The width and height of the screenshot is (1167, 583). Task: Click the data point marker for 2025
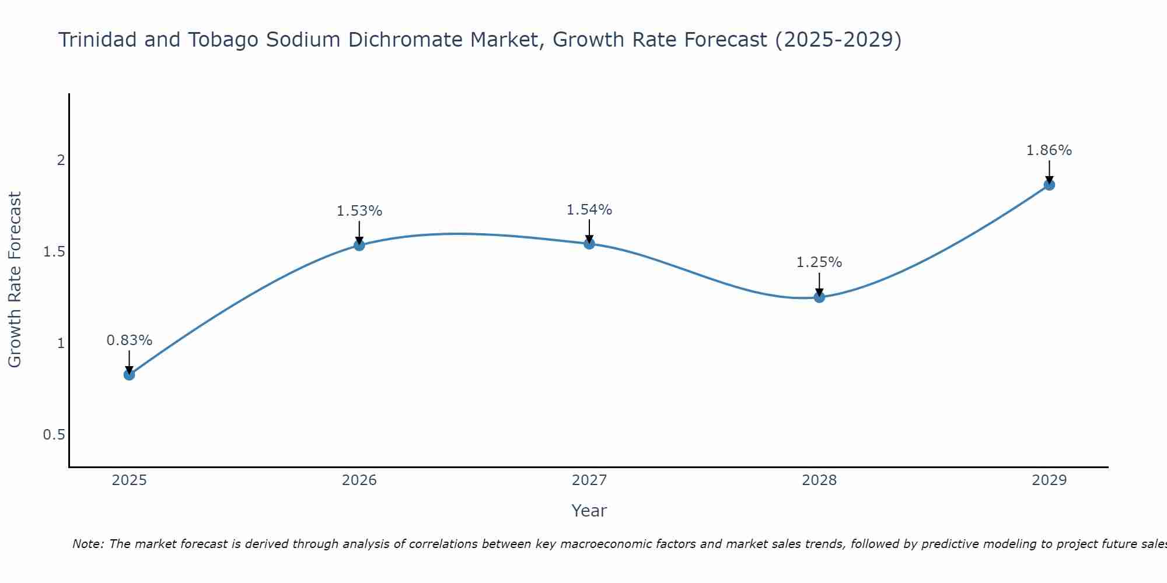tap(130, 374)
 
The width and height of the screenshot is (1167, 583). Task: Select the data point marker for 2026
tap(359, 245)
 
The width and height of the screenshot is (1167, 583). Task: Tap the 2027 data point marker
tap(589, 243)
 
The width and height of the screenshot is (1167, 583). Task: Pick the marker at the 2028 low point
tap(819, 297)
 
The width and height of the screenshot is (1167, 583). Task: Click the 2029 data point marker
tap(1049, 185)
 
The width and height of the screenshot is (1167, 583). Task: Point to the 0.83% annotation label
tap(130, 340)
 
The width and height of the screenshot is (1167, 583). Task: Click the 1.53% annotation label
tap(359, 211)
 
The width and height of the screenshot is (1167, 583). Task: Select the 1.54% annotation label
tap(589, 210)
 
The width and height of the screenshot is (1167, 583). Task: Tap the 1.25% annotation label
tap(819, 262)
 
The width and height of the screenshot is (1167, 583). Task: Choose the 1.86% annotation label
tap(1049, 150)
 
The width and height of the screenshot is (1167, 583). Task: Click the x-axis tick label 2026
tap(359, 480)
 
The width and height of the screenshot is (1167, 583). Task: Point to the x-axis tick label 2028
tap(819, 480)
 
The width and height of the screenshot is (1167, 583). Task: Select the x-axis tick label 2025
tap(130, 480)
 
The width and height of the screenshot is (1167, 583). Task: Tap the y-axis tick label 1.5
tap(54, 252)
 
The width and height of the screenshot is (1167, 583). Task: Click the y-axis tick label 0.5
tap(54, 435)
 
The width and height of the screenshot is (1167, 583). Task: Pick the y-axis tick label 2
tap(61, 160)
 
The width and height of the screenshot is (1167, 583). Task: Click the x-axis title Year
tap(589, 511)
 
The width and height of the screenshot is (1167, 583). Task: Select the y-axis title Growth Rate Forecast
tap(15, 280)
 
